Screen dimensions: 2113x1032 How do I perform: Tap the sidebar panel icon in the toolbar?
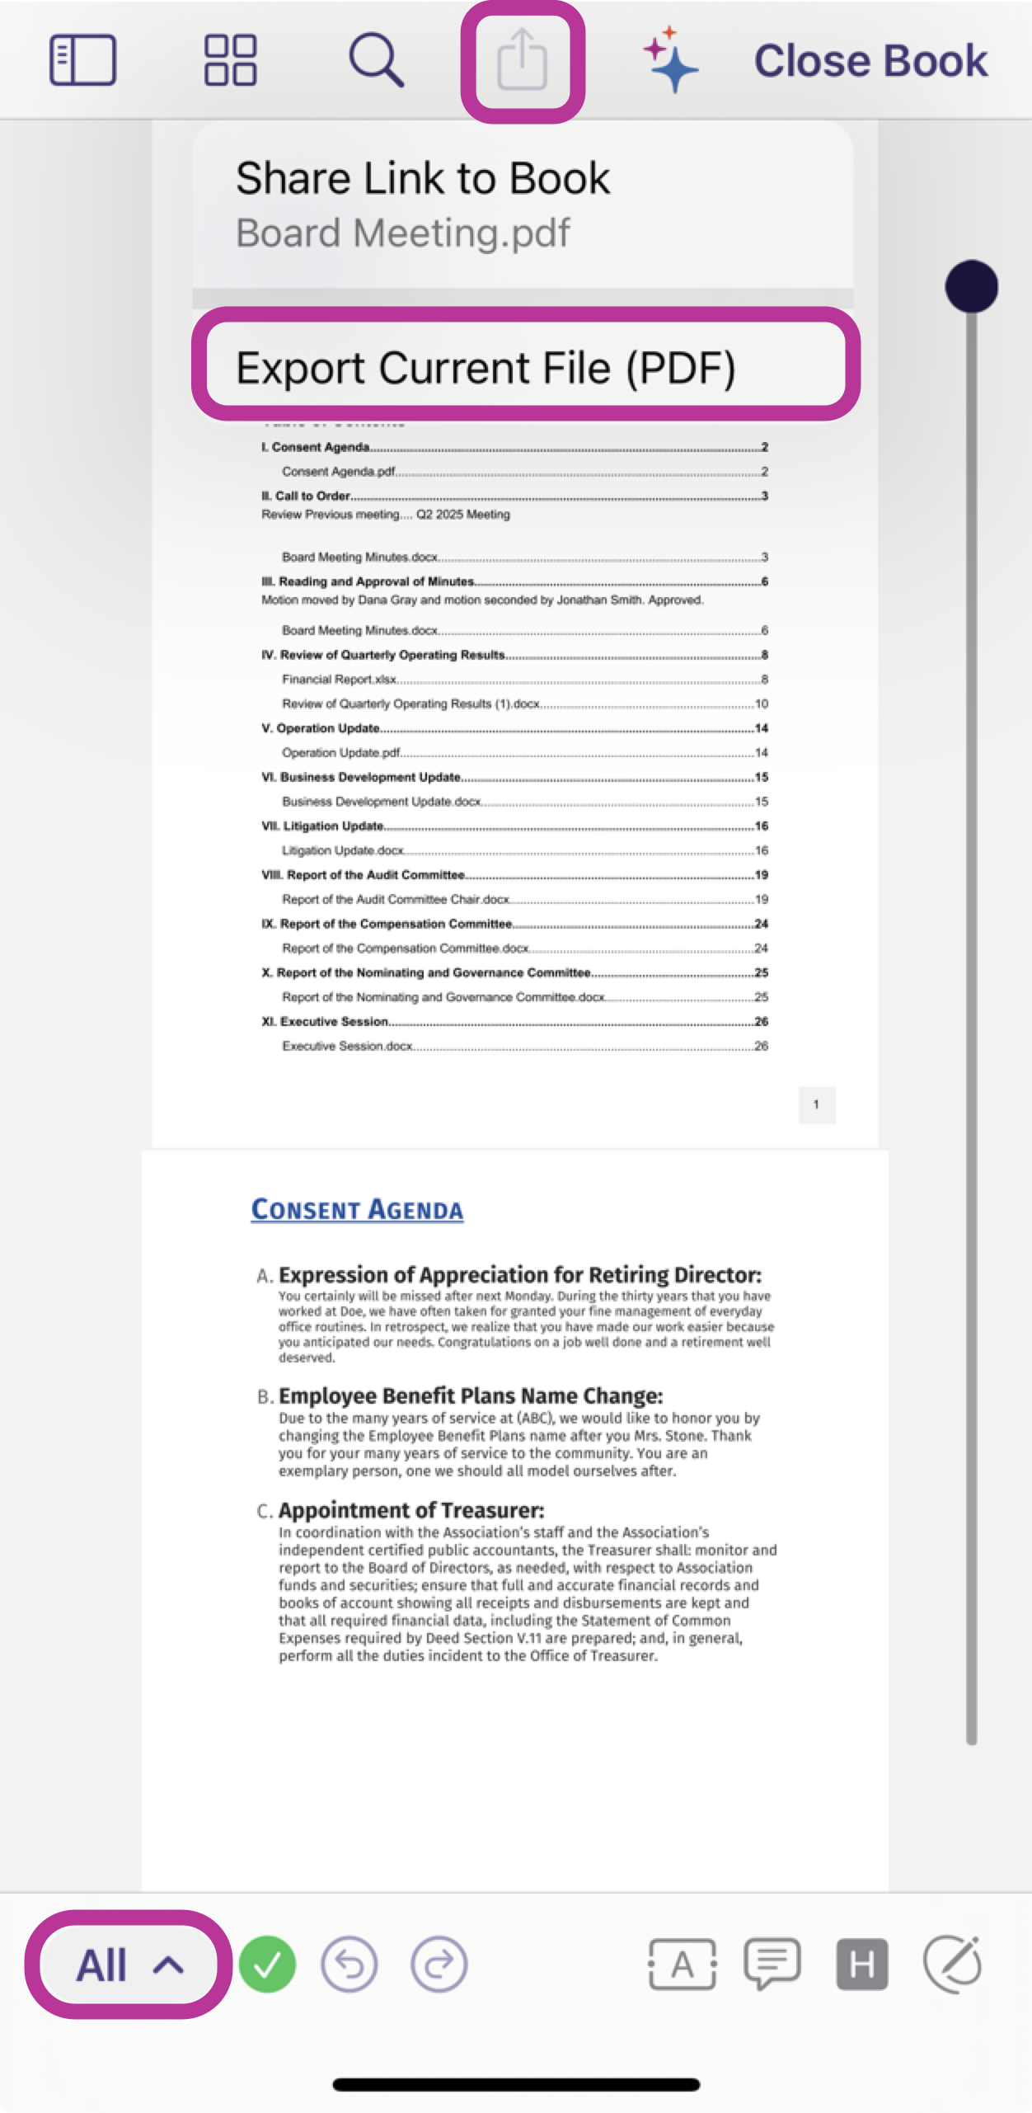point(82,60)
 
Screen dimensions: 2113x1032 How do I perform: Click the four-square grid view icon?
point(230,60)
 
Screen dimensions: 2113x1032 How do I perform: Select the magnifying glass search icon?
point(376,60)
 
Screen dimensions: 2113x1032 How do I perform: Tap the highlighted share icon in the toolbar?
point(523,60)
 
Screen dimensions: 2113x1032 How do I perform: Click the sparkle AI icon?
point(670,60)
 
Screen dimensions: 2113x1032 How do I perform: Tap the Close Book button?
point(870,60)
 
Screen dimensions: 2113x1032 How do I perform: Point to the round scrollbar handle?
point(971,286)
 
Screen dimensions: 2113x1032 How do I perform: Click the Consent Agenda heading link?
point(357,1209)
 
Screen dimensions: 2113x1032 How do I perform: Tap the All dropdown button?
point(128,1965)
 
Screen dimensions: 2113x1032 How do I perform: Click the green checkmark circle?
point(267,1965)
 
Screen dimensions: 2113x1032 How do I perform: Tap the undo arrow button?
point(349,1965)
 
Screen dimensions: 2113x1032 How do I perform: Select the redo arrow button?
point(439,1965)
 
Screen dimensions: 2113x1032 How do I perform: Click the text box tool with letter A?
point(682,1965)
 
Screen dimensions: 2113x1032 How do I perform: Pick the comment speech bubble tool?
point(772,1965)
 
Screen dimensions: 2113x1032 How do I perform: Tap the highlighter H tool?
point(861,1965)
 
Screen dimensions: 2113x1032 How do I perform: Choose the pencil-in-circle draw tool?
point(952,1965)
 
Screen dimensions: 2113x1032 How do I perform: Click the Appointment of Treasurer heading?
point(411,1510)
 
